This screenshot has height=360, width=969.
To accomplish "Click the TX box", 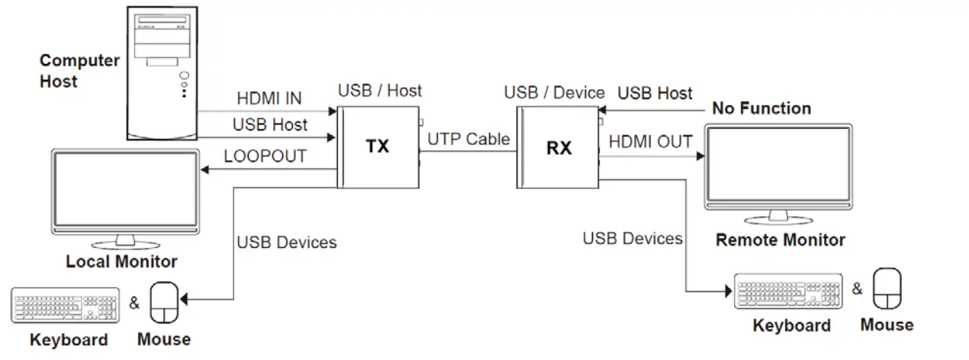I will pos(377,146).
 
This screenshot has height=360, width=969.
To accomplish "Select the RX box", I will pos(558,147).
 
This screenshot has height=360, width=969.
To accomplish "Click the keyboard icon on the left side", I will pos(66,304).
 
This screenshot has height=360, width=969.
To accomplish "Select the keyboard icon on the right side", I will pos(788,291).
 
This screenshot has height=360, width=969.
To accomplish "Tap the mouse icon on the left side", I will pos(164,303).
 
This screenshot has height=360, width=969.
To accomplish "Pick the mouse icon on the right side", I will pos(886,289).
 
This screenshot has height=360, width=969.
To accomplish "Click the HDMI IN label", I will pos(269,98).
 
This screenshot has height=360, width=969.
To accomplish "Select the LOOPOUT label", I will pos(265,156).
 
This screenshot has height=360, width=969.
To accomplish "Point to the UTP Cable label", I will pos(468,139).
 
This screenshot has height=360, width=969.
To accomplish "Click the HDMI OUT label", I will pos(650,142).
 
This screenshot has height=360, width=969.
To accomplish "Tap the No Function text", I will pos(761,108).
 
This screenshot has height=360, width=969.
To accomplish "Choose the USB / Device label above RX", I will pos(554,93).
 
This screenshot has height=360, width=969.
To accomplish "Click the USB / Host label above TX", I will pos(379,91).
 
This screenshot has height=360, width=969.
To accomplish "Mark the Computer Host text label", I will pos(79,70).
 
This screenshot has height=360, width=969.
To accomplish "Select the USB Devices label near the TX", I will pos(286,243).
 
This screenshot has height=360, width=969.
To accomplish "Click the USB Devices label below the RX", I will pos(632,239).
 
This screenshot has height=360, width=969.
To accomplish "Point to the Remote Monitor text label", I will pos(780,240).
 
